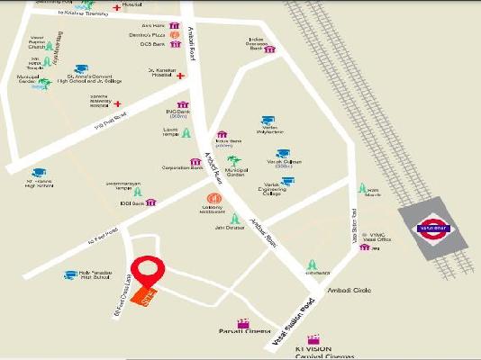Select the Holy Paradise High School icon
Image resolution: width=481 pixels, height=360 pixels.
click(x=71, y=274)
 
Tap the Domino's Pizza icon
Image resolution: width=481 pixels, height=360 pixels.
click(x=186, y=35)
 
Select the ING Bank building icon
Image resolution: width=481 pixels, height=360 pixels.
click(x=184, y=105)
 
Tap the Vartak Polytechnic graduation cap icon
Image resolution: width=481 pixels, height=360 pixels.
click(x=268, y=120)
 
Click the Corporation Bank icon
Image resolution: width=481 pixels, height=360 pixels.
click(x=195, y=162)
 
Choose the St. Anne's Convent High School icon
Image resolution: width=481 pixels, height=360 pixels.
click(x=81, y=69)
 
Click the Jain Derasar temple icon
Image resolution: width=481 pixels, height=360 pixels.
click(x=235, y=217)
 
